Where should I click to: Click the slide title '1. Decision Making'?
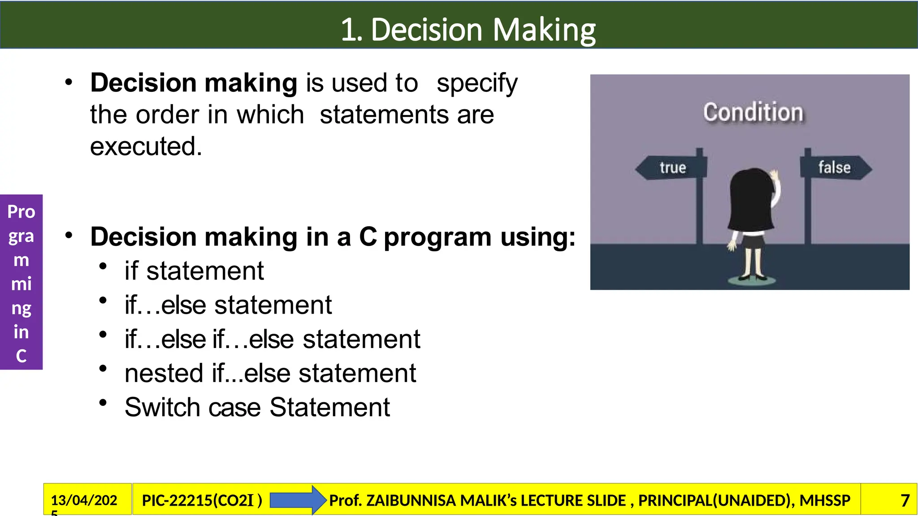468,30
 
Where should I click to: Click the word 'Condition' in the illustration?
753,112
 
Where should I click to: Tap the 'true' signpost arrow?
671,168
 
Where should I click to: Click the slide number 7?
905,500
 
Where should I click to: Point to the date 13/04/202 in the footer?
84,500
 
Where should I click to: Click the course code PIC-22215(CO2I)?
202,500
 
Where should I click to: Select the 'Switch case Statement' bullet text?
257,407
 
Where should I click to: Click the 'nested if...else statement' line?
270,373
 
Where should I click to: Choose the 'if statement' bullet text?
194,271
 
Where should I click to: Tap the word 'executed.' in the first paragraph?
146,146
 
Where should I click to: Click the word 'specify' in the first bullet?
477,83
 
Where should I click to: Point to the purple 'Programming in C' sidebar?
21,282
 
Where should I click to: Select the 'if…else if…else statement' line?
272,339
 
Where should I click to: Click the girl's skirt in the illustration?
752,242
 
